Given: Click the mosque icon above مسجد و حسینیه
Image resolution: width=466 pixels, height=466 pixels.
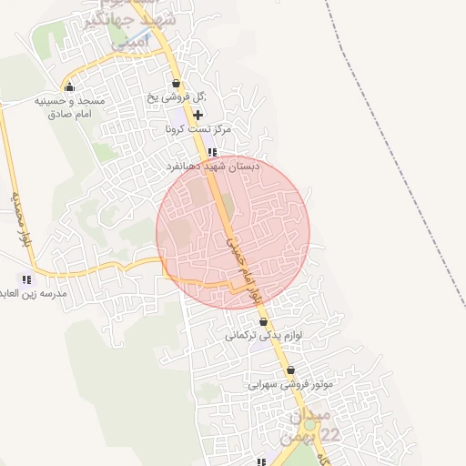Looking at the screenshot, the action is coord(69,87).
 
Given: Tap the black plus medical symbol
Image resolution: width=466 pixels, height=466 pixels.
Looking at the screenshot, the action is coord(198,116).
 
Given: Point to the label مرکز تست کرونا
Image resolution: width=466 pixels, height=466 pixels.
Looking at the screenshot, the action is coord(198,130).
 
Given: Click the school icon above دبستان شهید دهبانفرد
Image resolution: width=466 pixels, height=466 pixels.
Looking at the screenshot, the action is coord(211,153).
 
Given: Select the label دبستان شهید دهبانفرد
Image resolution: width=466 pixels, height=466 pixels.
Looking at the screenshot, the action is coord(213,167).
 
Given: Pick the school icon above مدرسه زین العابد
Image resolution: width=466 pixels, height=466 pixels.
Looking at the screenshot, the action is coord(26,279).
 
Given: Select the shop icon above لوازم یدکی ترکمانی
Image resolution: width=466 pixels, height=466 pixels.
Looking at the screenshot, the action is coord(264,321).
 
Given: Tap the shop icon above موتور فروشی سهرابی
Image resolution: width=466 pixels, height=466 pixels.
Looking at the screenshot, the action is coord(290,370).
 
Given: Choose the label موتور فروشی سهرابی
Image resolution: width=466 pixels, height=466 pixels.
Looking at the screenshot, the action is coord(291,384).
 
